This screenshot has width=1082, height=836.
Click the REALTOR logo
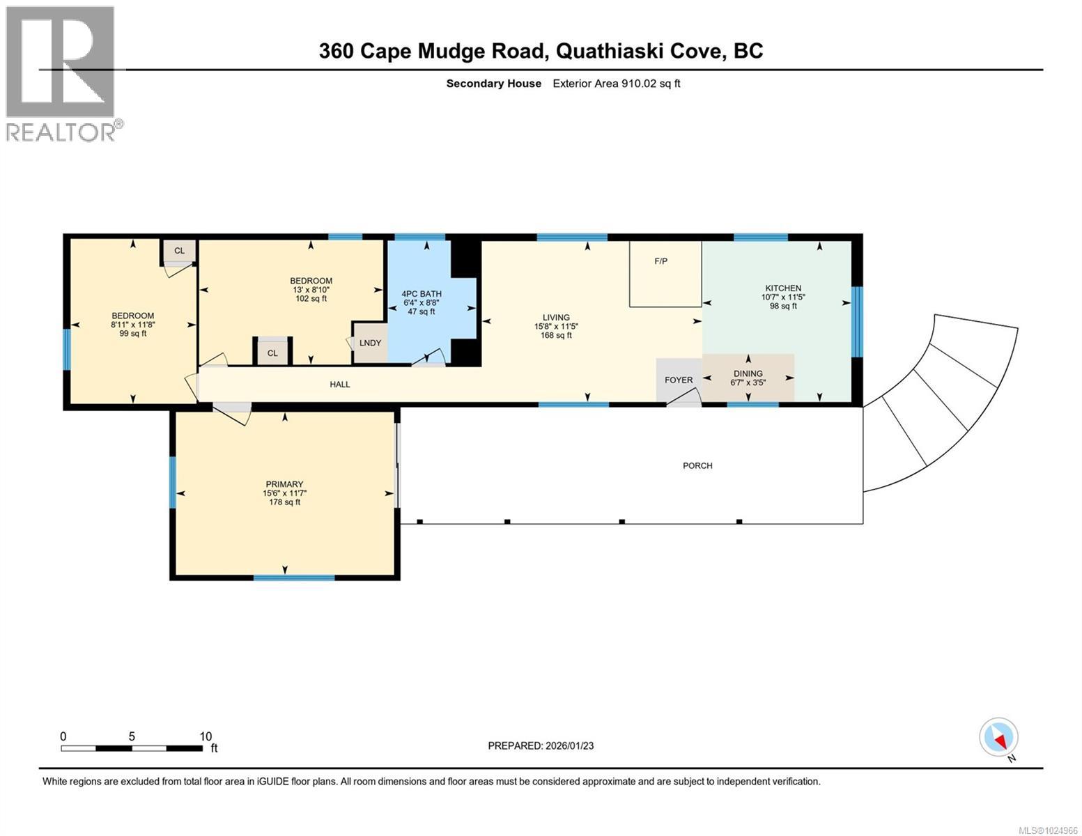click(x=61, y=73)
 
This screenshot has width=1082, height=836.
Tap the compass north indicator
click(x=999, y=737)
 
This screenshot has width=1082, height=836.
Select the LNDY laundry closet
click(x=370, y=343)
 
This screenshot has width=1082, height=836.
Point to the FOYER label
click(x=679, y=380)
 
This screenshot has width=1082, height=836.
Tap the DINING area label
click(x=748, y=374)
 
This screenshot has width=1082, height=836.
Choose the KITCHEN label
click(x=783, y=288)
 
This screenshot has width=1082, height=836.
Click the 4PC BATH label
click(x=422, y=293)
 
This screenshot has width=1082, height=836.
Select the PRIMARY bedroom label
click(x=284, y=484)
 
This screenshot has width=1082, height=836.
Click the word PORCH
click(x=697, y=465)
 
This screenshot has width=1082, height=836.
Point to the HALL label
click(x=340, y=384)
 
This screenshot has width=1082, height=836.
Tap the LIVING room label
click(x=556, y=318)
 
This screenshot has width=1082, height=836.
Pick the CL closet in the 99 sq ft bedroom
click(x=179, y=251)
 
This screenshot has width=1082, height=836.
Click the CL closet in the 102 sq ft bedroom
click(x=272, y=353)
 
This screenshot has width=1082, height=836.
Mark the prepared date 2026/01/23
click(x=541, y=745)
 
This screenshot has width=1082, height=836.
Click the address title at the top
click(x=541, y=51)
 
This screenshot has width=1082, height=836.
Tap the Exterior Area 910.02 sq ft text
click(x=616, y=84)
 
